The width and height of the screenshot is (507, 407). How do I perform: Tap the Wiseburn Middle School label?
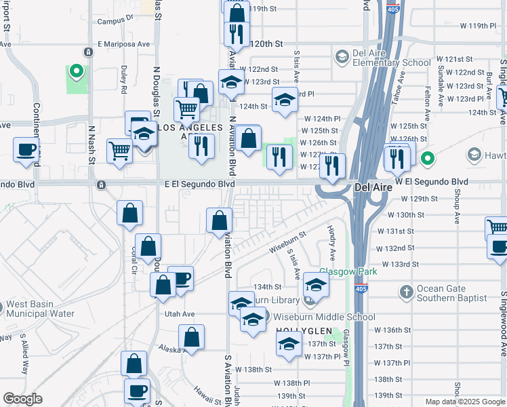click(323, 317)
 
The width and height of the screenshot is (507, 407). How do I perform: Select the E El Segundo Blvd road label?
click(200, 184)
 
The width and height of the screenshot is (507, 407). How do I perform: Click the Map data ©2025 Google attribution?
click(464, 402)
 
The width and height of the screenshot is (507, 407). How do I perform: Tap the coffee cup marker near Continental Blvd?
click(26, 150)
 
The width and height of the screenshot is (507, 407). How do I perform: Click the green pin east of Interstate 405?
click(427, 159)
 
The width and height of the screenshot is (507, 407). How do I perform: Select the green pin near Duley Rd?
click(77, 71)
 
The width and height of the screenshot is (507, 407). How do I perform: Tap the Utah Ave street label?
click(180, 314)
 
